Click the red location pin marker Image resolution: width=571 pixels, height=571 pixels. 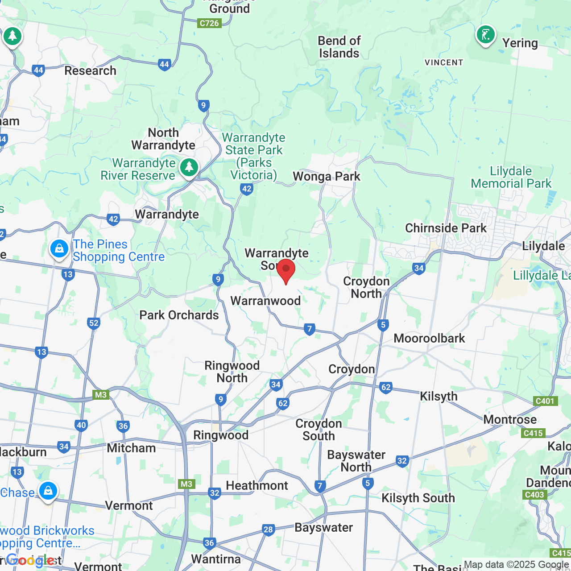point(286,270)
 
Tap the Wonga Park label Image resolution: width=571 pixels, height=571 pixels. point(327,177)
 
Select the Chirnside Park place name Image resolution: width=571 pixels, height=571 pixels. point(446,228)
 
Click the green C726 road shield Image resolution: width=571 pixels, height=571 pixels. point(209,23)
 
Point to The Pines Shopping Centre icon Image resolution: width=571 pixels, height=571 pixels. point(59,249)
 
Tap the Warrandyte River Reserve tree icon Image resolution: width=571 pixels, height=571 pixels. point(189,168)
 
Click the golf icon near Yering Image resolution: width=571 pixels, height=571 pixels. point(486,35)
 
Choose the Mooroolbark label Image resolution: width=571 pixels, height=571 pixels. point(429,339)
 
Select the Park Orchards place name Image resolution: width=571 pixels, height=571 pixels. point(179,315)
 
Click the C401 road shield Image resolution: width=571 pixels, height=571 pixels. point(545,401)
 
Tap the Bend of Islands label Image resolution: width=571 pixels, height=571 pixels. point(339,47)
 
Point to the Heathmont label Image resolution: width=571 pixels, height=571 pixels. point(257,486)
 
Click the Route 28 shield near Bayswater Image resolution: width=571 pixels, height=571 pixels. point(268,530)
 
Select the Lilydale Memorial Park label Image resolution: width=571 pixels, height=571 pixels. point(511,178)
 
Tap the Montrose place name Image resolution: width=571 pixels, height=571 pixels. point(510,420)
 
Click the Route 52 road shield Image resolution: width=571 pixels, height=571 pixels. point(94,323)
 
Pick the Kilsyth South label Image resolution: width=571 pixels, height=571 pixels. point(418,498)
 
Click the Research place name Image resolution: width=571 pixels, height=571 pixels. point(90,71)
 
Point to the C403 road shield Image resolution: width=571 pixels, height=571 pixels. point(534,495)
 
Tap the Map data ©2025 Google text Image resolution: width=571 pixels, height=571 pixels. point(516,565)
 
